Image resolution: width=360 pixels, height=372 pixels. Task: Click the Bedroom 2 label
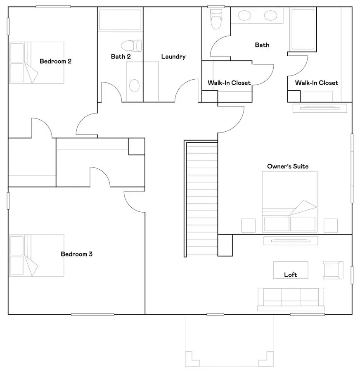coord(55,61)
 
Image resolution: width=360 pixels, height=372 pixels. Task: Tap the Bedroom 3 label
coord(76,254)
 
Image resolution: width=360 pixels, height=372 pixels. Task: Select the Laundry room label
coord(173,57)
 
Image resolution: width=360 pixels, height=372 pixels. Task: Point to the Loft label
coord(290,275)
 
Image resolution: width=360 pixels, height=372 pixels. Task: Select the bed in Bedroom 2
coord(37,62)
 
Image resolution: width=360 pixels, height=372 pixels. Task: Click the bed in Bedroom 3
coord(37,255)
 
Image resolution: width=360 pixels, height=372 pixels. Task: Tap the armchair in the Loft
coord(333,270)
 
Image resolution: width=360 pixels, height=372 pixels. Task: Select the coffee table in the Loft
coord(291,270)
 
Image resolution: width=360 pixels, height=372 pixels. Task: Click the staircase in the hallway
coord(201,198)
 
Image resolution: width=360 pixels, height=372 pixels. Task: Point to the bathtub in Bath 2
coord(120,20)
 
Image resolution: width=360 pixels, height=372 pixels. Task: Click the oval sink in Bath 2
coord(134,85)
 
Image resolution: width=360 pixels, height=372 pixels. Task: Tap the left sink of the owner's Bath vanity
coord(244,16)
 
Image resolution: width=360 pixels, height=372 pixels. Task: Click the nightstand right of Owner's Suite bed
coord(331,225)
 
